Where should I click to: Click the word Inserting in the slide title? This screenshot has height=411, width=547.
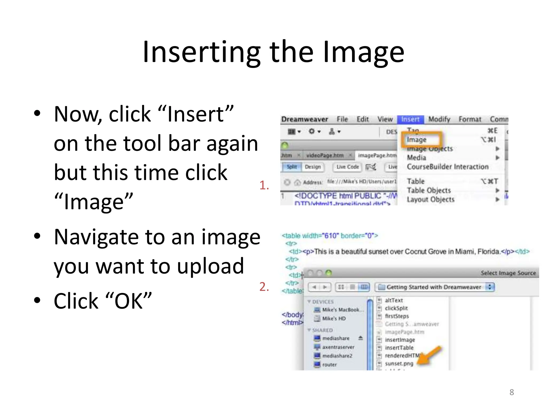(202, 52)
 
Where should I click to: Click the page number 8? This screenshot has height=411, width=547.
(511, 392)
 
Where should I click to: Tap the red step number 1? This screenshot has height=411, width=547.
(264, 185)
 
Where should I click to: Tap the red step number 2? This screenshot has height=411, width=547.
(264, 287)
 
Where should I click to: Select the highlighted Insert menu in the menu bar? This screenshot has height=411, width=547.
(410, 119)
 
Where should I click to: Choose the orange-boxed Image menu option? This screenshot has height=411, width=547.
(417, 140)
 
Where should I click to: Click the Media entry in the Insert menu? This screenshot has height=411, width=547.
(416, 158)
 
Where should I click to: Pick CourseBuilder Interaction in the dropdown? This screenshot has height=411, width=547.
(447, 167)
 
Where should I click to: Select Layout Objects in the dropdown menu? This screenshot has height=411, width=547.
(431, 200)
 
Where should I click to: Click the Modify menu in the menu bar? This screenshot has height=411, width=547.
(439, 119)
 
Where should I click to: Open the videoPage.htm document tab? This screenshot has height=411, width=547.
(325, 155)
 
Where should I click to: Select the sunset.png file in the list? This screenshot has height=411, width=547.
(399, 364)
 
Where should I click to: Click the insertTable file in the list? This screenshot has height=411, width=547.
(399, 348)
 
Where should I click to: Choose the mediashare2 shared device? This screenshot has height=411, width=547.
(337, 356)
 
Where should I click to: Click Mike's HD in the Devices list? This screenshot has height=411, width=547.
(334, 319)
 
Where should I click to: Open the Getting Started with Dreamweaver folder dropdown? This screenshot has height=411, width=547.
(490, 287)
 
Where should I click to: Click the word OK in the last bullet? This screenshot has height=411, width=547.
(128, 301)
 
